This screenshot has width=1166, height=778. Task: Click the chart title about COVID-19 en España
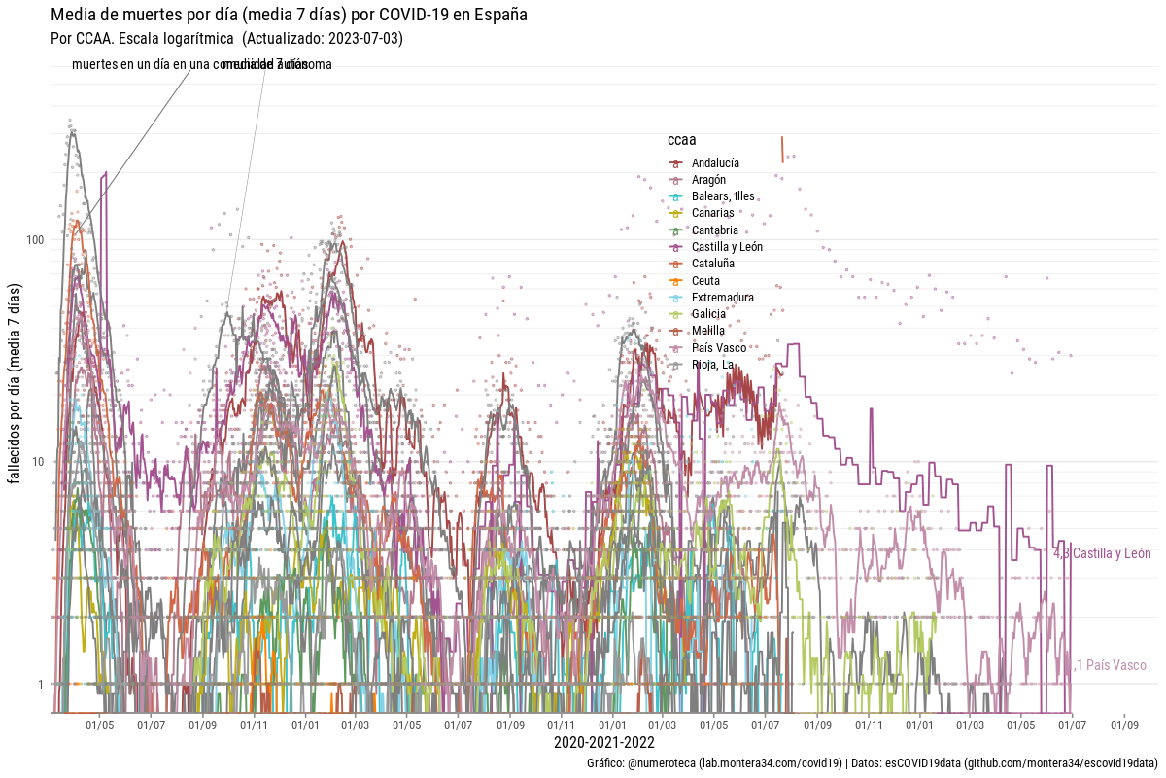pyautogui.click(x=289, y=15)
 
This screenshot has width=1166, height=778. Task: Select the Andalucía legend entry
pyautogui.click(x=715, y=163)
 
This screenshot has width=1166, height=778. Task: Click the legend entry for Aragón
pyautogui.click(x=708, y=180)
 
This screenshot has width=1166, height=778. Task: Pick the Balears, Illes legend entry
pyautogui.click(x=723, y=196)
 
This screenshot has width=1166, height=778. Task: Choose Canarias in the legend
pyautogui.click(x=712, y=213)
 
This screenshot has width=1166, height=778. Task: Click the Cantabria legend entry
pyautogui.click(x=715, y=230)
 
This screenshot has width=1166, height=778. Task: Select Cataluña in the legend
pyautogui.click(x=713, y=264)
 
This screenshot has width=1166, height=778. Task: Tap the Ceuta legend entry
pyautogui.click(x=705, y=281)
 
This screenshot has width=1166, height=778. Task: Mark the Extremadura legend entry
pyautogui.click(x=723, y=298)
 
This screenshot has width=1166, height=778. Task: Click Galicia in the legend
pyautogui.click(x=708, y=314)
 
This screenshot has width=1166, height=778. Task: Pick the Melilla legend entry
pyautogui.click(x=708, y=331)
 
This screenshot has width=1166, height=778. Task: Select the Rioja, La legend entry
pyautogui.click(x=712, y=365)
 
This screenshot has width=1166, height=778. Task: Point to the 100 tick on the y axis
pyautogui.click(x=36, y=239)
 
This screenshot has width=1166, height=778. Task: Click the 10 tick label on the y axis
pyautogui.click(x=39, y=461)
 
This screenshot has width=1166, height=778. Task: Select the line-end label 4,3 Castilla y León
pyautogui.click(x=1102, y=554)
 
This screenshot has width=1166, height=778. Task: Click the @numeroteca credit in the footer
pyautogui.click(x=662, y=763)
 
